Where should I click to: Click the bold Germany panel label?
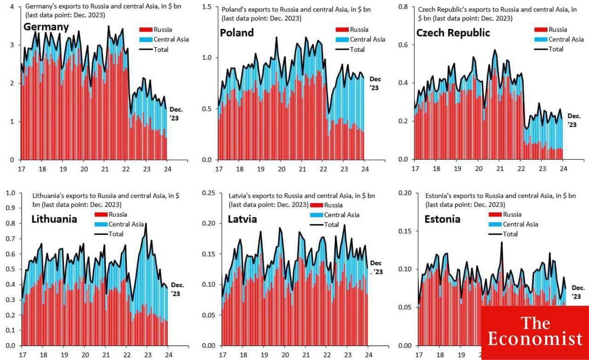[46, 27]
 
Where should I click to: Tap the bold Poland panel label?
[237, 33]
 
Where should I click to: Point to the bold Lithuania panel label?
[54, 219]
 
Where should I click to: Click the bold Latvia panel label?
[242, 219]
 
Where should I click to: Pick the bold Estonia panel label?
[442, 219]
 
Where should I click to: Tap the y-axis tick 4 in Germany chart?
[12, 7]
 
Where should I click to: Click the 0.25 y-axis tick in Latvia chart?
[208, 192]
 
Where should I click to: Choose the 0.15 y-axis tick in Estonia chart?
[405, 231]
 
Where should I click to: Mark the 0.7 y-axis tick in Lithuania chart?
[10, 238]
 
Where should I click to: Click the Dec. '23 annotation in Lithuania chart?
[178, 289]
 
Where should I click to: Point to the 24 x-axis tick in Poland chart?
[364, 169]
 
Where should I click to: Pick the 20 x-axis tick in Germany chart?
[84, 169]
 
